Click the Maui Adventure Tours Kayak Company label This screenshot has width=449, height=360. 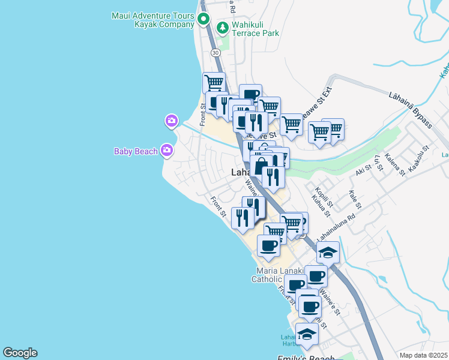coord(153,20)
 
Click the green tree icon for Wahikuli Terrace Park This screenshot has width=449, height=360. coord(223,27)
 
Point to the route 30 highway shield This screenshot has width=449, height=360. coord(215,53)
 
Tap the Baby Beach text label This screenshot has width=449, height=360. coord(136,151)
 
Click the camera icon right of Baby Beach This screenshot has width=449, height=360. coord(166,150)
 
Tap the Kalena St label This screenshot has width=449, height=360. coord(395,164)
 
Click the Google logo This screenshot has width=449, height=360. coord(20,353)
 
